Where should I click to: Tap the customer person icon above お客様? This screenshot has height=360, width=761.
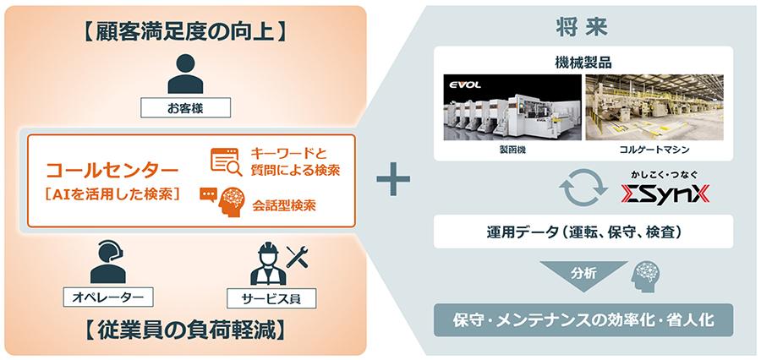pyautogui.click(x=185, y=74)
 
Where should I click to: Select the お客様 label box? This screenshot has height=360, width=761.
pyautogui.click(x=185, y=108)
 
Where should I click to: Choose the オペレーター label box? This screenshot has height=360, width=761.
pyautogui.click(x=107, y=297)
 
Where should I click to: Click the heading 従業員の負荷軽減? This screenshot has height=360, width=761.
pyautogui.click(x=185, y=329)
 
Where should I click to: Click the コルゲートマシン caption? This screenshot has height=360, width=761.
pyautogui.click(x=655, y=149)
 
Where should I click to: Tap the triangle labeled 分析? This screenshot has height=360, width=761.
pyautogui.click(x=584, y=272)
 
